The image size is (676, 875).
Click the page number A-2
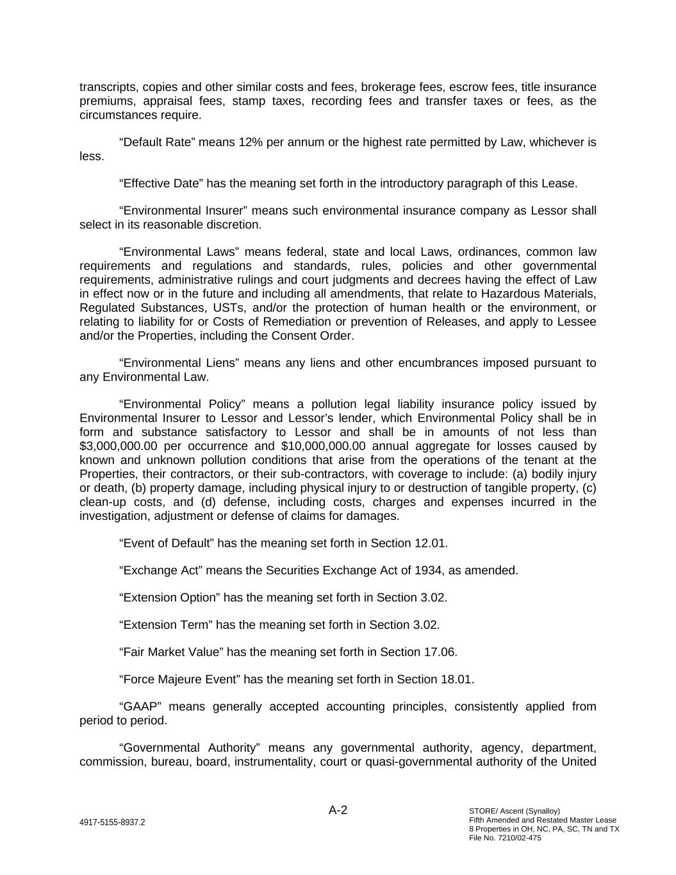(x=338, y=810)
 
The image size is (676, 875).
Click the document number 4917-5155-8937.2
(x=112, y=822)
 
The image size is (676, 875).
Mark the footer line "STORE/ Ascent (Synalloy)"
(x=515, y=811)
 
